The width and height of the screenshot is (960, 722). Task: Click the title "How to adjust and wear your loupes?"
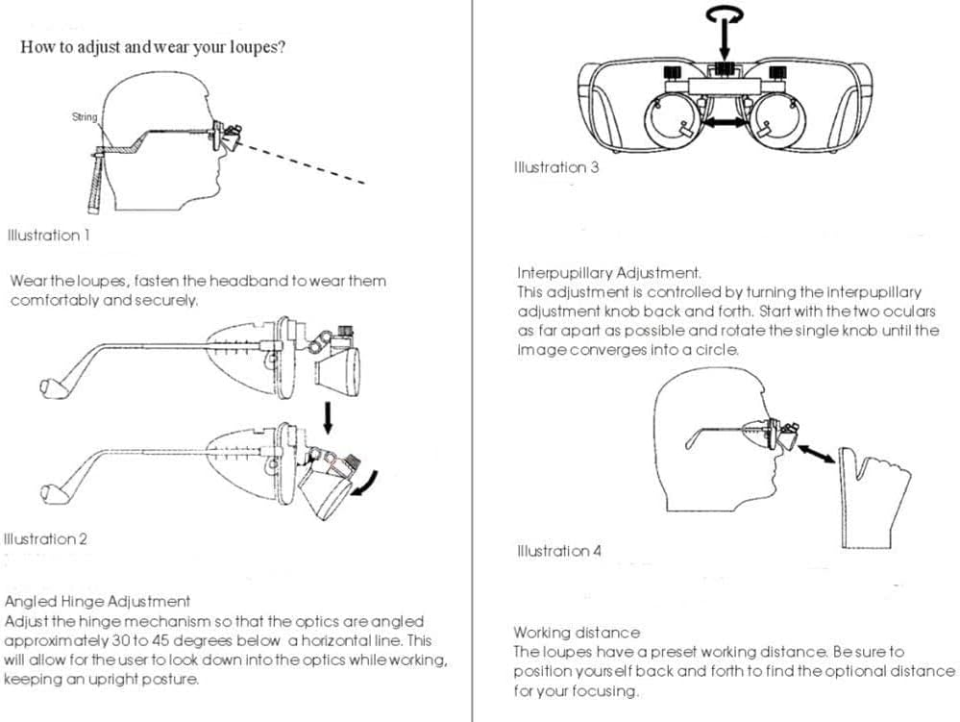click(x=153, y=47)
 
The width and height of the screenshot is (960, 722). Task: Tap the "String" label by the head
click(x=85, y=117)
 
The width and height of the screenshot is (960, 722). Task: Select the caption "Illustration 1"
click(x=48, y=236)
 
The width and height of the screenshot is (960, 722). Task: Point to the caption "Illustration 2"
click(x=45, y=539)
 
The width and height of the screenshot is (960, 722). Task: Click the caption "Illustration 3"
click(x=556, y=167)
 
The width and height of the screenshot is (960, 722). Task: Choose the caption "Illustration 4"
click(x=559, y=551)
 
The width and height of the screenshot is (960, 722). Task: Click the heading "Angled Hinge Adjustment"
click(x=97, y=602)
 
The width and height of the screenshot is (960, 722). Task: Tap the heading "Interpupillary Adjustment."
click(x=609, y=272)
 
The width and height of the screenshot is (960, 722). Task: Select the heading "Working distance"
click(x=577, y=633)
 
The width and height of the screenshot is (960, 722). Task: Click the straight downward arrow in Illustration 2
click(x=328, y=417)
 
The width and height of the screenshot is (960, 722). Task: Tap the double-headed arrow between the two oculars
click(x=726, y=122)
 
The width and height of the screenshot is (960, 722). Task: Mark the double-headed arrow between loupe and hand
click(x=816, y=454)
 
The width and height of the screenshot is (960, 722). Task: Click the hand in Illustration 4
click(x=874, y=497)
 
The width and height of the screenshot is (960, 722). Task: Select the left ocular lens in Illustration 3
click(x=673, y=121)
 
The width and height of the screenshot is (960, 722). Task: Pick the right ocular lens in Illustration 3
click(x=778, y=121)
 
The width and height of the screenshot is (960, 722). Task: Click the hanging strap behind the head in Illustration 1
click(x=97, y=183)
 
